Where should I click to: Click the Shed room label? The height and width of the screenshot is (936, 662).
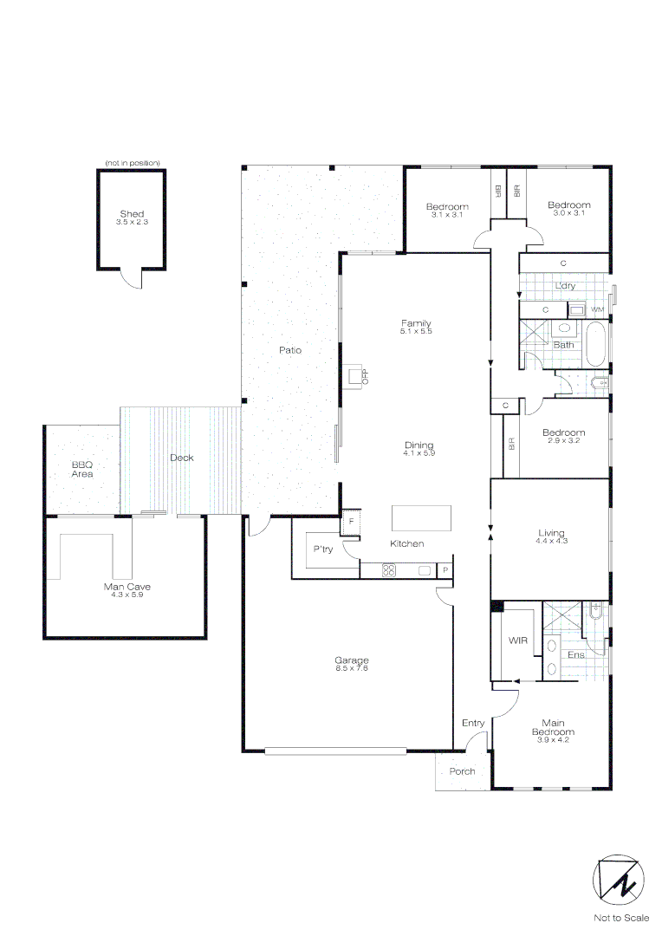(x=132, y=213)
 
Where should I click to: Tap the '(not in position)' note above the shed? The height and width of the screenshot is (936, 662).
(x=132, y=163)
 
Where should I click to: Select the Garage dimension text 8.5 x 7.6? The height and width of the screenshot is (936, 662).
(x=352, y=667)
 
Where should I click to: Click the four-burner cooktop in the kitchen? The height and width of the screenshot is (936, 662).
(x=389, y=570)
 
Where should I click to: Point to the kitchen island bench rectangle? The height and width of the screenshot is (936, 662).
(x=421, y=517)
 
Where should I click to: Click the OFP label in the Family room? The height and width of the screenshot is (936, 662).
(x=365, y=376)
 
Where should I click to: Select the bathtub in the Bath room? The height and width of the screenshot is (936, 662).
(x=596, y=344)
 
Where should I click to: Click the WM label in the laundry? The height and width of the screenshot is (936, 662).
(x=596, y=309)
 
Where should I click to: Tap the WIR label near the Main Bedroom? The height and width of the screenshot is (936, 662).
(x=518, y=640)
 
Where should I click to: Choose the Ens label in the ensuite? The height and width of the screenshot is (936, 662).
(x=575, y=654)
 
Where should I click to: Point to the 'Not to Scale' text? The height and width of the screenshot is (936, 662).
(x=620, y=918)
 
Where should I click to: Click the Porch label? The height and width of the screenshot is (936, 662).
(x=462, y=771)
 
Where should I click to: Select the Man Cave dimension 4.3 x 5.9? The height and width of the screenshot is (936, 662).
(x=127, y=595)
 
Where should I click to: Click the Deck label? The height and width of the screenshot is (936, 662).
(x=182, y=458)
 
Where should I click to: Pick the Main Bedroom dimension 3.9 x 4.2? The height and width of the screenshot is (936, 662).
(x=553, y=740)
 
